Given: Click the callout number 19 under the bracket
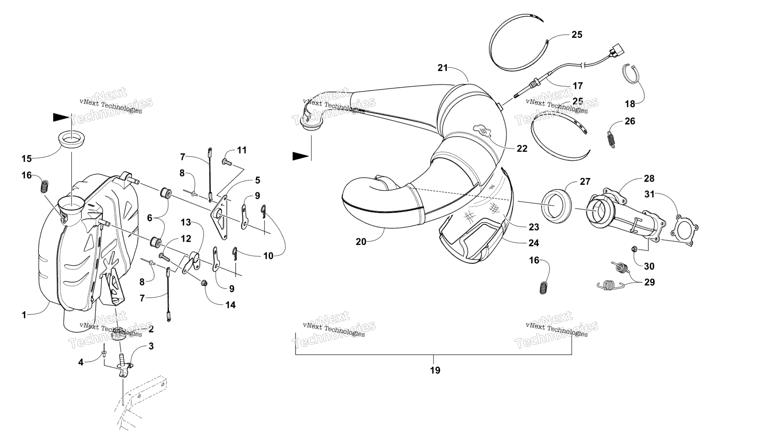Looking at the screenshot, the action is click(x=435, y=370).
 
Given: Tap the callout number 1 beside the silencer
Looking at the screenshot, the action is click(x=24, y=315).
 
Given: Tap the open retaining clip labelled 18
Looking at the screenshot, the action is click(x=633, y=73).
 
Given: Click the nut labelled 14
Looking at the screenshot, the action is click(x=204, y=284).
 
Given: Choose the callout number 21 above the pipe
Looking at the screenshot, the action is click(x=443, y=68).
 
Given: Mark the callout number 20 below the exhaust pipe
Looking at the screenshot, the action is click(x=361, y=242).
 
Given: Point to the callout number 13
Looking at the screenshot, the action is click(x=186, y=222).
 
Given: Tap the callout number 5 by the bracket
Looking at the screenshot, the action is click(x=257, y=180).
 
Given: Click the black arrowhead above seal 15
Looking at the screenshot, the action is click(x=61, y=117).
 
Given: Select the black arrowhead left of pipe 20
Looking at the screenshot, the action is click(x=301, y=156).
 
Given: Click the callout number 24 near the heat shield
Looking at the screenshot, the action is click(x=533, y=243).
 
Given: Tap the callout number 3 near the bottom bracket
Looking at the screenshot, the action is click(x=151, y=346).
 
